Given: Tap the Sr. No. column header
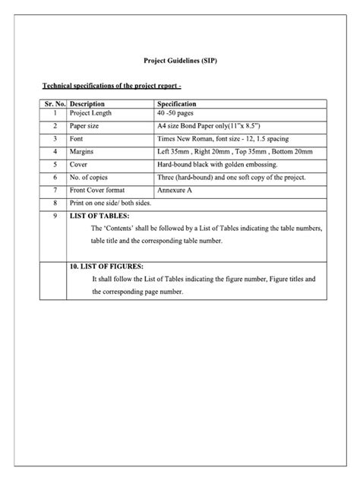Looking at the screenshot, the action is [x=55, y=104].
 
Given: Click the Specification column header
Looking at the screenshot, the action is [x=177, y=104].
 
